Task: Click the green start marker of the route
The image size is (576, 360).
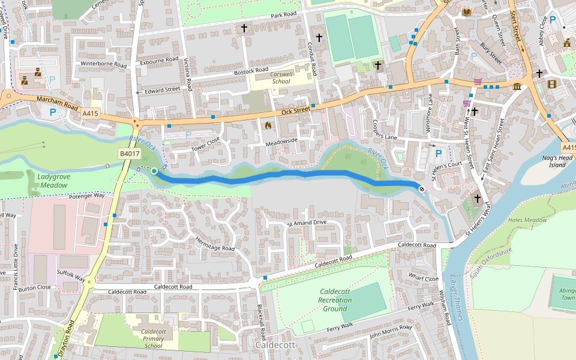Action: [154, 171]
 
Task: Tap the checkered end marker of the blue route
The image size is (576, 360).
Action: [422, 189]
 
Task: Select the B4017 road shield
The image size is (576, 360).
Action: [129, 154]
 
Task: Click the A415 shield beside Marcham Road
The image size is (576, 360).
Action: [90, 113]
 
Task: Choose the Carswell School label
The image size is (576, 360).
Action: [281, 77]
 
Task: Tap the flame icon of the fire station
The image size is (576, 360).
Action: [268, 125]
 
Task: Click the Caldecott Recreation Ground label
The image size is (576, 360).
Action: [335, 300]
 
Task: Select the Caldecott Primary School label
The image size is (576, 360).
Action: [153, 338]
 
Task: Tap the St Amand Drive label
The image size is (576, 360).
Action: [306, 223]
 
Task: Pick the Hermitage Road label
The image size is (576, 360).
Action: [214, 243]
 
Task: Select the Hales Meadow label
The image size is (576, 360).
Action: [527, 220]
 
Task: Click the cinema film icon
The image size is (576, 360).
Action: [551, 84]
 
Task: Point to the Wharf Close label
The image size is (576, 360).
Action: [424, 278]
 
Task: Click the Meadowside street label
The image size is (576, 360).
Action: [281, 140]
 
